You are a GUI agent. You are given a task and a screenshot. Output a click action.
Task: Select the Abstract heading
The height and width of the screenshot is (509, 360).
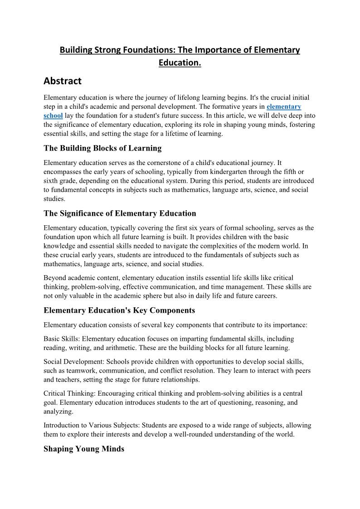coord(63,81)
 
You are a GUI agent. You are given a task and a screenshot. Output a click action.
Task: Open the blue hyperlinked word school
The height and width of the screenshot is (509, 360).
coord(53,115)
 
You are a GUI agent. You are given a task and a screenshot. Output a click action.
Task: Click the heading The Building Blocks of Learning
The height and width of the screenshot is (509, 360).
coord(102,148)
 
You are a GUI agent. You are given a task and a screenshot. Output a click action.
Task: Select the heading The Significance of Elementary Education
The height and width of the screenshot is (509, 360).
coord(120,213)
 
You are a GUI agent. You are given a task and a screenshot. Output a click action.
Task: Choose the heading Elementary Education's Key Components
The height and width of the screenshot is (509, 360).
coord(119,310)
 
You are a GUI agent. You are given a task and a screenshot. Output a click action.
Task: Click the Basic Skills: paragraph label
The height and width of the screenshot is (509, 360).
coord(62,339)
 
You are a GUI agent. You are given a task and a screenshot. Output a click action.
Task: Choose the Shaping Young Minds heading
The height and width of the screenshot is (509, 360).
coord(84,449)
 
